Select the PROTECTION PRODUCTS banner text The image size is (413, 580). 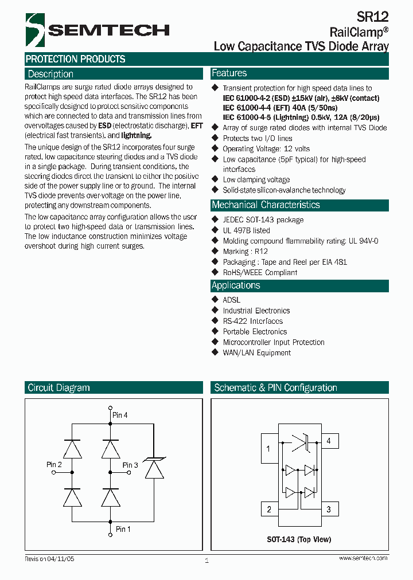(75, 59)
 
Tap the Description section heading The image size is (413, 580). (50, 74)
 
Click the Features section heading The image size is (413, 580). (229, 73)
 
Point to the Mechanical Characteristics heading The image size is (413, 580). (266, 205)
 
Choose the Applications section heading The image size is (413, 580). (236, 285)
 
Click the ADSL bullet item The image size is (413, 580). (231, 300)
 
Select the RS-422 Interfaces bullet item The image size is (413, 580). (252, 321)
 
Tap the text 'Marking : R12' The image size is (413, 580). (245, 251)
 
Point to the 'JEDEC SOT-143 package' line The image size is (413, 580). (263, 220)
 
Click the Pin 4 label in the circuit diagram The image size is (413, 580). (120, 415)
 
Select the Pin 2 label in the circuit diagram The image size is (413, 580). (54, 464)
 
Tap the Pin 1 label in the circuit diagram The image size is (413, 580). (123, 529)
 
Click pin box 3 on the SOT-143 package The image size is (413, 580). (329, 509)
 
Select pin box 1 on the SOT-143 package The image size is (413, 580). (268, 449)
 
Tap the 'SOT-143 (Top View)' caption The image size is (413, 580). (299, 539)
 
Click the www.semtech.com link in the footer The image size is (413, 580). (363, 558)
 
